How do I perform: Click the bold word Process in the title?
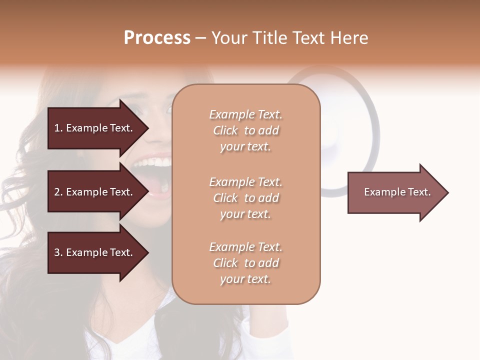click(157, 38)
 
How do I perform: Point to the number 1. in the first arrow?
click(58, 128)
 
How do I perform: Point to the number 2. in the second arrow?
click(58, 192)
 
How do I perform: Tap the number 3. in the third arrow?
click(58, 252)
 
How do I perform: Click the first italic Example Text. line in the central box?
click(245, 114)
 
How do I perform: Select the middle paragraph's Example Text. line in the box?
click(245, 182)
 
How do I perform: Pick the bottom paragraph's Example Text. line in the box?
click(245, 247)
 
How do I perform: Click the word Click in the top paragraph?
click(225, 130)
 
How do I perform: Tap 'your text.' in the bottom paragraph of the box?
click(245, 279)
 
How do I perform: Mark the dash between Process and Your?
click(200, 38)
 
